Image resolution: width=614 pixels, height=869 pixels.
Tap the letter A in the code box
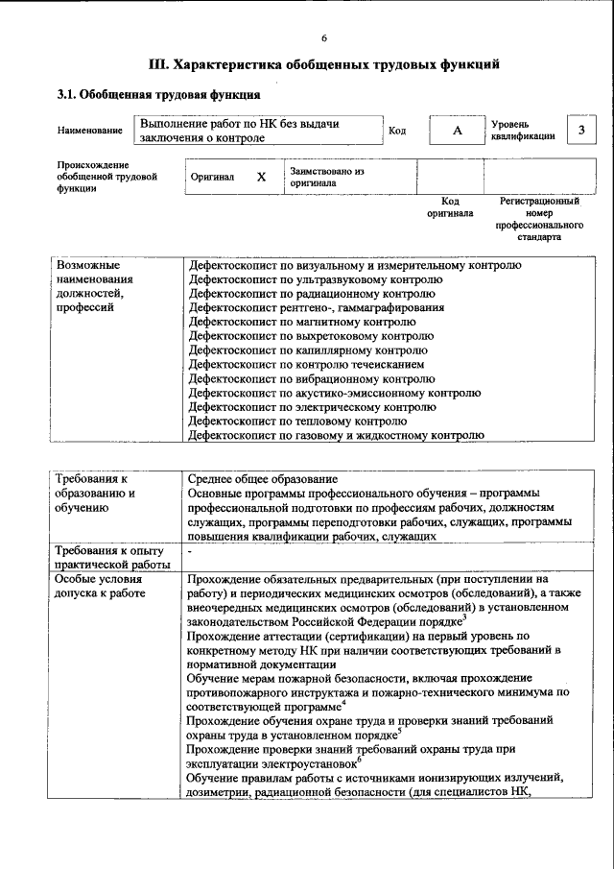457,131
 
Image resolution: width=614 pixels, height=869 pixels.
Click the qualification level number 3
579,131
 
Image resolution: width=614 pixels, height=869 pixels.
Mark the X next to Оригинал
260,178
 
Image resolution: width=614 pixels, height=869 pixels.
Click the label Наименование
90,131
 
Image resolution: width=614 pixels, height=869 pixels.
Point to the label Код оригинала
449,207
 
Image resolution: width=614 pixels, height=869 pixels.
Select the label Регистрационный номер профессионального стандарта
538,219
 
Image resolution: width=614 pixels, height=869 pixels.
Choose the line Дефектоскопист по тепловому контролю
297,421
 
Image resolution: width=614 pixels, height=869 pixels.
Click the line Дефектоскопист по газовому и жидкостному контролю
335,435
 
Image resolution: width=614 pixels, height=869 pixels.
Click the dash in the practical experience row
191,551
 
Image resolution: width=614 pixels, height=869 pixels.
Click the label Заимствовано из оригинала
327,177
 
